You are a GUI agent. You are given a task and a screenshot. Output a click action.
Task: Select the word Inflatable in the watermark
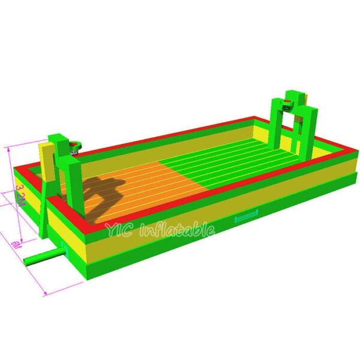click(177, 230)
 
